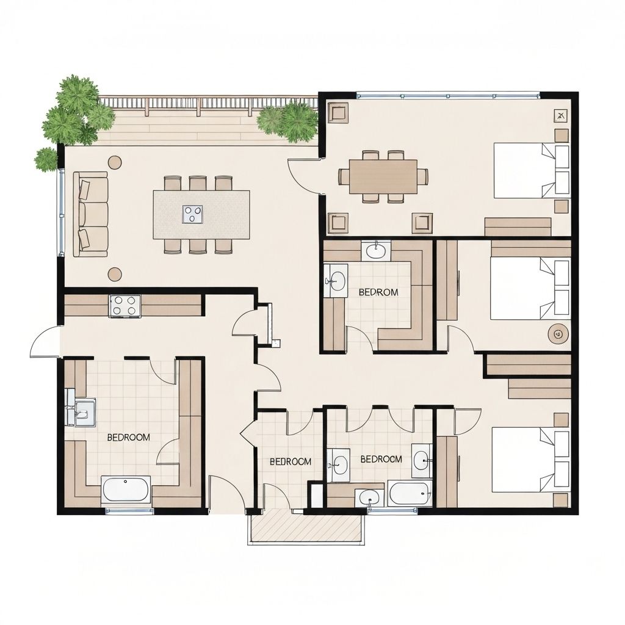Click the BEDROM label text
(378, 292)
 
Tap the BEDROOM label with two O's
(128, 437)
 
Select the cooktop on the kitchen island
(192, 214)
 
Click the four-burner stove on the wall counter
(125, 305)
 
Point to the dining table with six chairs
(383, 176)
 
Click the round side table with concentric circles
(557, 333)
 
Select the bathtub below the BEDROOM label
(125, 490)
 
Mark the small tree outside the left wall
(46, 159)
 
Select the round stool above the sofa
(114, 162)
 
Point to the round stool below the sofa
(114, 274)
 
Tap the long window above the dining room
(447, 95)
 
